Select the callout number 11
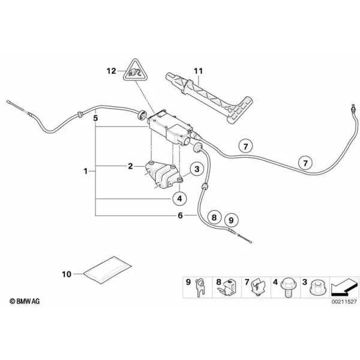coord(199,71)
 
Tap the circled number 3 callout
coord(197,169)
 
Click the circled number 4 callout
coord(179,199)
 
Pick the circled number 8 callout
coord(214,217)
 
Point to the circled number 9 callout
coord(231,220)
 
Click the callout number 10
coord(67,274)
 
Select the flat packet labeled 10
coord(107,270)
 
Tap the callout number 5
coord(95,118)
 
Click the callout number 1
coord(86,171)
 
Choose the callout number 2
coord(130,166)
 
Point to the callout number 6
coord(180,215)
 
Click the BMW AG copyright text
coord(25,301)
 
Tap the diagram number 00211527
coord(344,301)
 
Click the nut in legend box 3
coord(318,287)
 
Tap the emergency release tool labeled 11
coord(209,98)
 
